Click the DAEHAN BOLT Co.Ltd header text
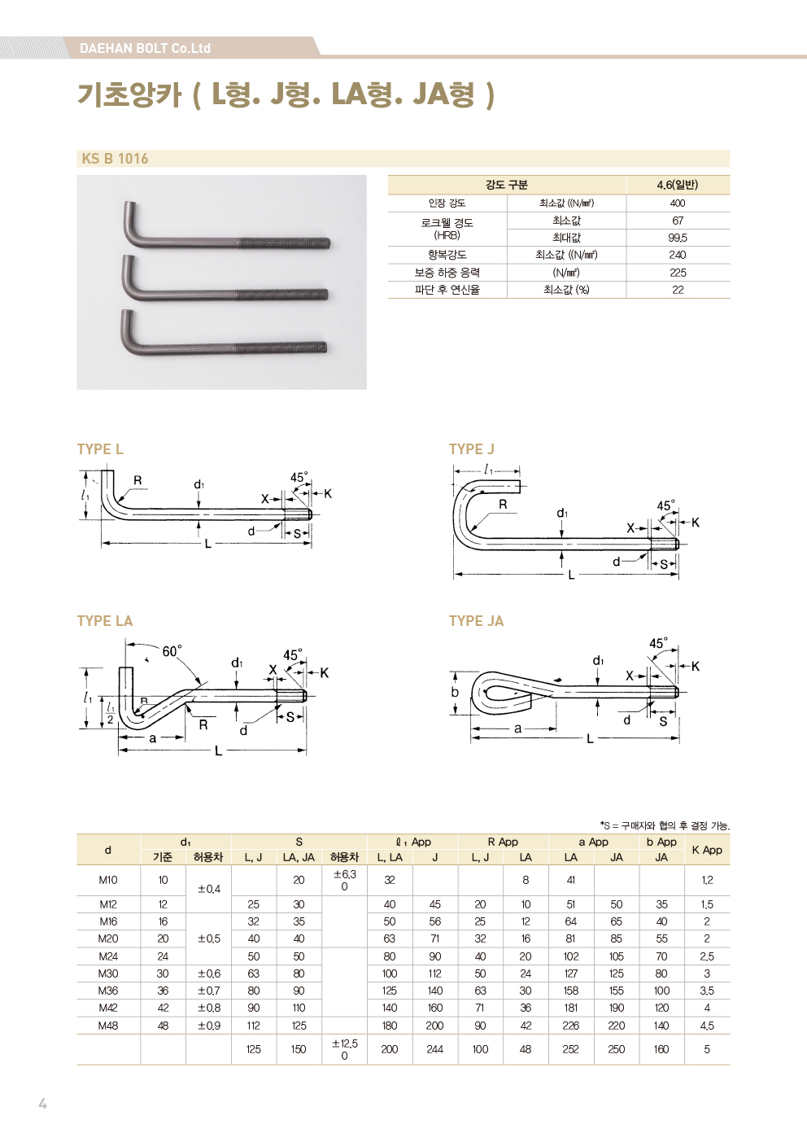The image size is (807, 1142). pyautogui.click(x=145, y=49)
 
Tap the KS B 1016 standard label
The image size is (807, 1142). pyautogui.click(x=115, y=159)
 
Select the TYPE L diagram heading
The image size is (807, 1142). pyautogui.click(x=100, y=449)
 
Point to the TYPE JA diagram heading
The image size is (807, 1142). pyautogui.click(x=476, y=621)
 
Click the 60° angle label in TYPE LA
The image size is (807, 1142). pyautogui.click(x=172, y=651)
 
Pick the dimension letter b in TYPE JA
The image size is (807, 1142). pyautogui.click(x=455, y=692)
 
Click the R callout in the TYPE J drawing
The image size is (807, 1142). pyautogui.click(x=503, y=504)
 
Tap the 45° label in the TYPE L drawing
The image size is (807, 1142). pyautogui.click(x=299, y=477)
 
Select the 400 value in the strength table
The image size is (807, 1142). pyautogui.click(x=678, y=203)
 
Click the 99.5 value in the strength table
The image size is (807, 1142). pyautogui.click(x=678, y=238)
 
